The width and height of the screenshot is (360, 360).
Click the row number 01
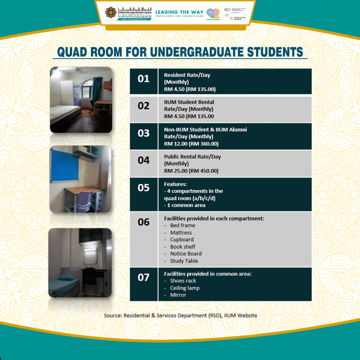143,79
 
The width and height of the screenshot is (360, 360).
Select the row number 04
143,160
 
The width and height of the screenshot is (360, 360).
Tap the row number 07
143,277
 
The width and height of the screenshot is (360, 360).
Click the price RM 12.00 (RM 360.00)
191,143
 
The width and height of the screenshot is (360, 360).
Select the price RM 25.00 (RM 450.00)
191,171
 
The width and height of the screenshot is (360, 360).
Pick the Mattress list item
181,232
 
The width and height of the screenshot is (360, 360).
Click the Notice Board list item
186,254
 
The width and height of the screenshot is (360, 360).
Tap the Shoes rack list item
183,281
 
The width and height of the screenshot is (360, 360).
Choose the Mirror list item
178,295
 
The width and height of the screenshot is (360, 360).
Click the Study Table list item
184,261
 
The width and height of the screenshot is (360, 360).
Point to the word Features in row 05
175,184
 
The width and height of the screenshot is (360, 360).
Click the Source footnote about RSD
180,315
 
